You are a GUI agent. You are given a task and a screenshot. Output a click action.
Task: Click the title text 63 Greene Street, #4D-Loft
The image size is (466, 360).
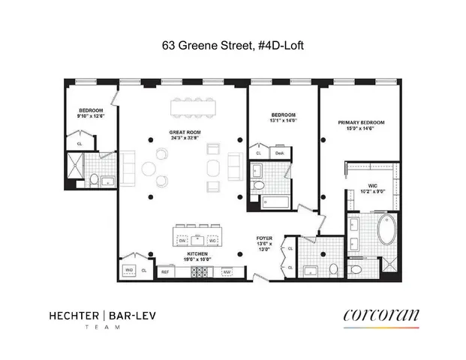(233, 45)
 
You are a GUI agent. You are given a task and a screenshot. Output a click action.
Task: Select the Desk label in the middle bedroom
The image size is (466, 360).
(279, 153)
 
